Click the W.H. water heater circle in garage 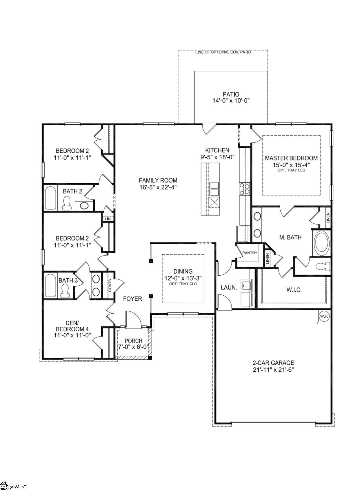point(324,316)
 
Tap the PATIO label point(231,94)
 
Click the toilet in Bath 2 point(67,203)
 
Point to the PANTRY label point(250,253)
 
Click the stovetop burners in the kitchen point(244,189)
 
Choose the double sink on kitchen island point(214,189)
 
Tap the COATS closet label point(110,285)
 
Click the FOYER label point(132,299)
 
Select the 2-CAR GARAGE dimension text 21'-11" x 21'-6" point(273,370)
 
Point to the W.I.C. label point(294,290)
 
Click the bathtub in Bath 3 point(50,285)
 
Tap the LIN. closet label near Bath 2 point(108,219)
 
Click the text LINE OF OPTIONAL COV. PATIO point(223,52)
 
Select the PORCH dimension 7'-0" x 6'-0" point(133,347)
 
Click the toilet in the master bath point(323,266)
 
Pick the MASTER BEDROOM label point(291,158)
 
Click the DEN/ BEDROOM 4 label point(72,326)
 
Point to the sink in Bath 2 point(84,206)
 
